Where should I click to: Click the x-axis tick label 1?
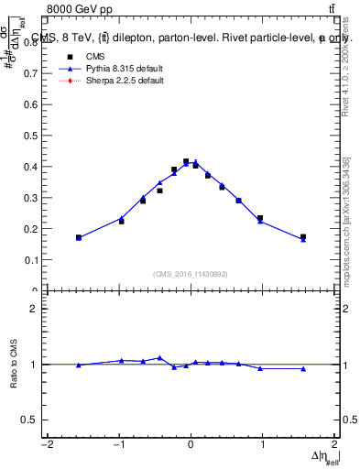point(262,445)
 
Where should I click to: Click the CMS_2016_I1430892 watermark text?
point(191,274)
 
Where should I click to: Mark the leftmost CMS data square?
point(79,237)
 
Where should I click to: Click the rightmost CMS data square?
point(303,237)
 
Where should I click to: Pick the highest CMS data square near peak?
point(186,161)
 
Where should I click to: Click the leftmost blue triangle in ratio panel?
point(79,365)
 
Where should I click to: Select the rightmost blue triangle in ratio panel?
point(303,368)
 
